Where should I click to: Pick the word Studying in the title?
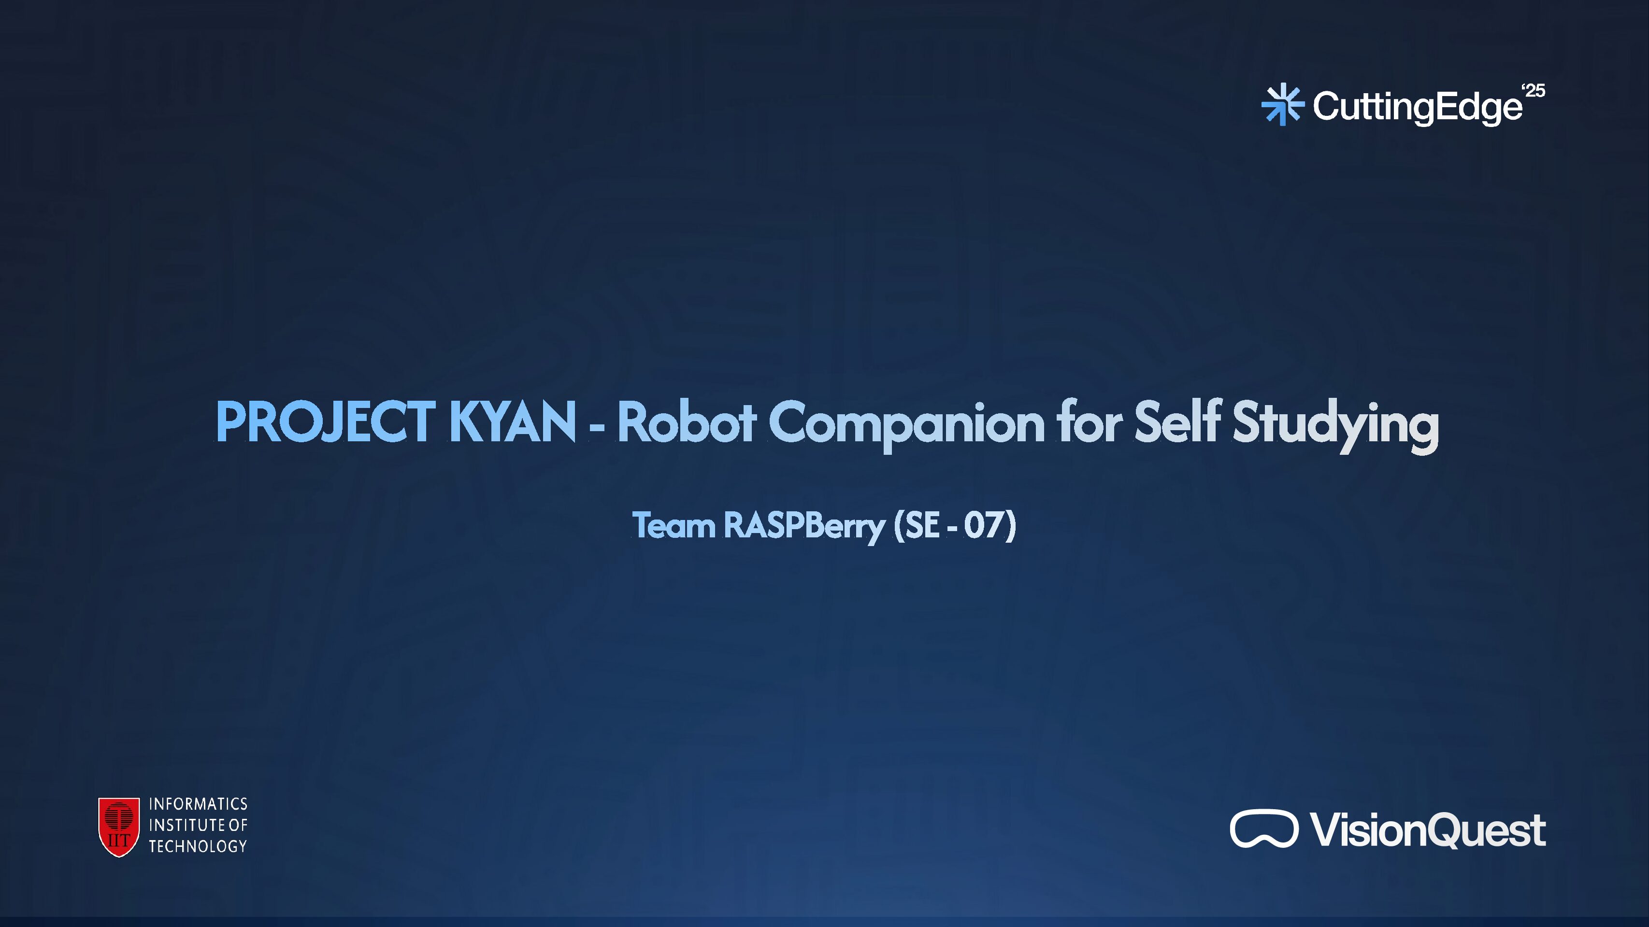tap(1335, 423)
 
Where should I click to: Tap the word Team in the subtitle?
tap(674, 525)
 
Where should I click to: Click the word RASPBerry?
tap(804, 526)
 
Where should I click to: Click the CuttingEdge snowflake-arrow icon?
tap(1282, 104)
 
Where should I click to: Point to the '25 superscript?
tap(1534, 91)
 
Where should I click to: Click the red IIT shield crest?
tap(119, 827)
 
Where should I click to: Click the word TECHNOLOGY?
tap(198, 846)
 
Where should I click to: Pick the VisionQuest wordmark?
tap(1428, 830)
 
